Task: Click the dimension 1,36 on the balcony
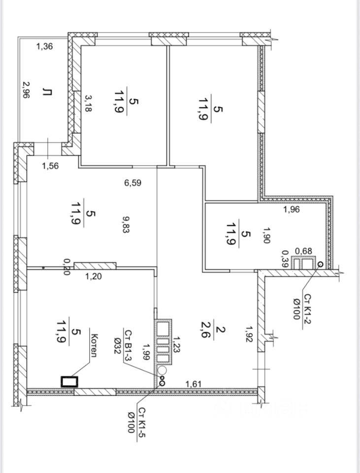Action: click(x=45, y=46)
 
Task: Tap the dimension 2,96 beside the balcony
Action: click(x=27, y=90)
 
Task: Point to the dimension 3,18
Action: click(x=88, y=103)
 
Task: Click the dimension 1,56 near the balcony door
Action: click(x=50, y=166)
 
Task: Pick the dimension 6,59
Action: click(x=132, y=182)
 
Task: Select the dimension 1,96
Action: click(x=292, y=209)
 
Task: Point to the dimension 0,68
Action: click(x=303, y=251)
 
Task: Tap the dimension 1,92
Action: click(x=249, y=334)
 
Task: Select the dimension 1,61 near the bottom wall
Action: click(x=193, y=384)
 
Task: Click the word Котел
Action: click(x=94, y=345)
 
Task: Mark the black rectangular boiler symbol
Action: click(x=69, y=381)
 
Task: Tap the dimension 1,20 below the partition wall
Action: click(x=94, y=276)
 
